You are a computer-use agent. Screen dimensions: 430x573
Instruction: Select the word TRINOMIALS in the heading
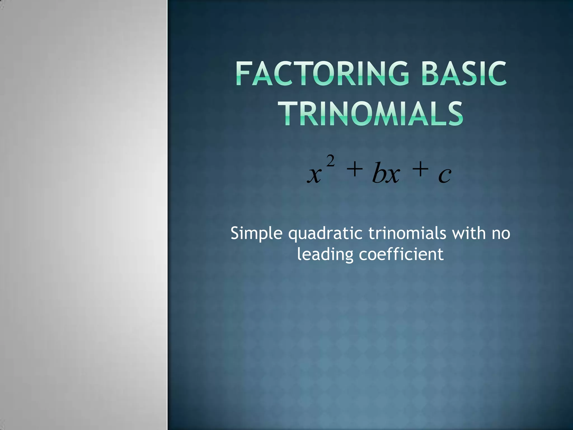point(372,114)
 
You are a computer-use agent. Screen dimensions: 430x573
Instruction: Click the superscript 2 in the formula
point(331,162)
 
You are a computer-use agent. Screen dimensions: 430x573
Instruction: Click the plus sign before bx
point(354,170)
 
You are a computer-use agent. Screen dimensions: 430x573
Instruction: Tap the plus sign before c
point(420,170)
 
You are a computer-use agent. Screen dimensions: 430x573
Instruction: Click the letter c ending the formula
point(445,176)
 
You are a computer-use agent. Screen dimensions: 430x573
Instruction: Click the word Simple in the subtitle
point(257,234)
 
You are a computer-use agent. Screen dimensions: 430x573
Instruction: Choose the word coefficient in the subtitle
point(401,254)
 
